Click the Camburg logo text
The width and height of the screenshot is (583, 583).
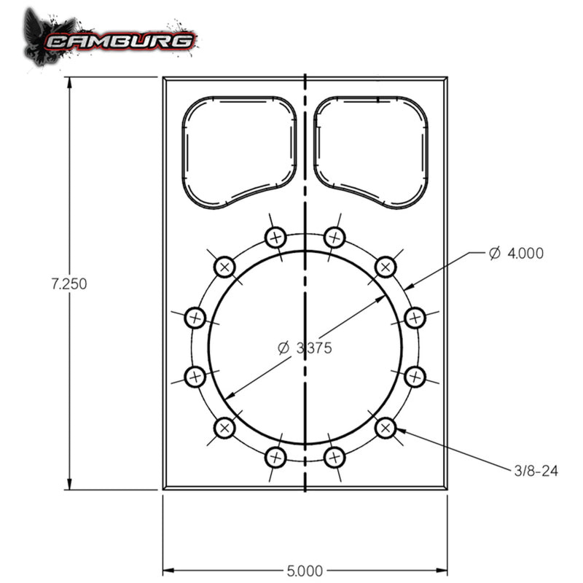(x=120, y=40)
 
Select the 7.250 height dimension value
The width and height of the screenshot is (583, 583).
(x=69, y=284)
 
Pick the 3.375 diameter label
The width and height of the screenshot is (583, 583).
(x=305, y=348)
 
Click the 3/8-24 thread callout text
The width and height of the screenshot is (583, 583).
(x=536, y=471)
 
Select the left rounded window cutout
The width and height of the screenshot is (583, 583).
(x=238, y=151)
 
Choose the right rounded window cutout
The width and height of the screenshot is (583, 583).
(x=371, y=151)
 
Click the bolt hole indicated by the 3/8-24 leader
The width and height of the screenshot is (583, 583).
(x=386, y=428)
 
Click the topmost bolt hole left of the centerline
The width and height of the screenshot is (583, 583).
(x=275, y=237)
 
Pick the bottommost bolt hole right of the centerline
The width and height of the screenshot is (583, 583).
(x=334, y=458)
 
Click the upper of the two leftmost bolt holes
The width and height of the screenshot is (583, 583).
(x=195, y=317)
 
